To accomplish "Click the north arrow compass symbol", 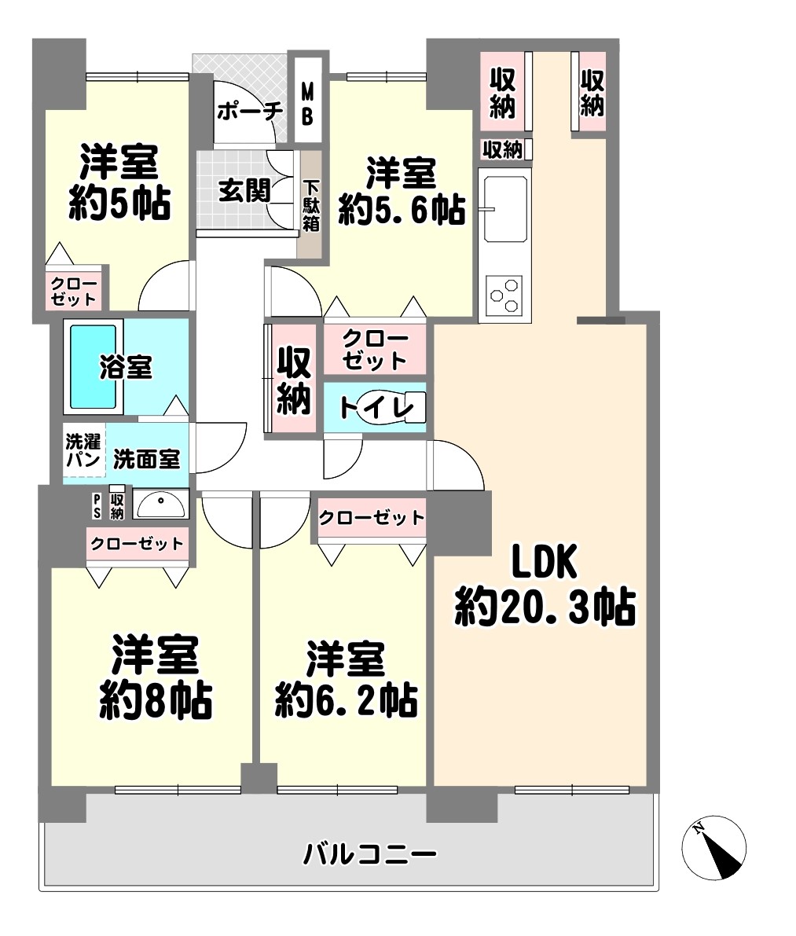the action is tap(713, 848).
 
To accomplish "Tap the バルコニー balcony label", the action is tap(370, 853).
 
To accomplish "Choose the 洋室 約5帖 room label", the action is tap(119, 182).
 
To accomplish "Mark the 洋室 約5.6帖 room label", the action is tap(402, 191).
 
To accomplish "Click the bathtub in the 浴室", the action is tap(93, 366).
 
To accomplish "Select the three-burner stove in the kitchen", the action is tap(504, 295).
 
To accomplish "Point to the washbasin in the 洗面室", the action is tap(160, 505).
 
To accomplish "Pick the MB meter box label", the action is tap(307, 105).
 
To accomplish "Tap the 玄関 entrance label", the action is tap(244, 191).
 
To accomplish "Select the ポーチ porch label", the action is tap(249, 111).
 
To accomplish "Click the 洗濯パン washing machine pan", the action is tap(84, 450).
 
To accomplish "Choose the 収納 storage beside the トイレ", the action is tap(293, 380).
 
